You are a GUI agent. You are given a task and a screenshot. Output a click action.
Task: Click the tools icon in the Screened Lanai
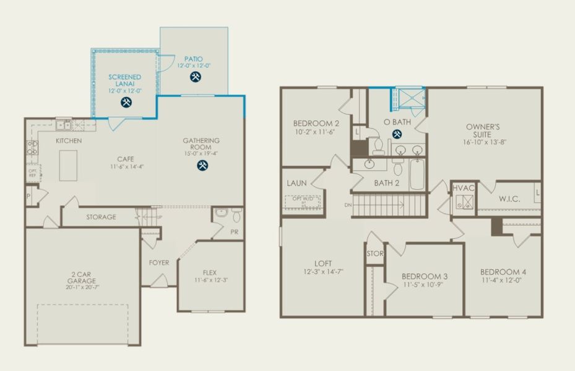pyautogui.click(x=126, y=103)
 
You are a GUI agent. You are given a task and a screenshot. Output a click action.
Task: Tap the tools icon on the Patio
pyautogui.click(x=195, y=77)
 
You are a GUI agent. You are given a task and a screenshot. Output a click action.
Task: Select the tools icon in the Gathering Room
pyautogui.click(x=202, y=165)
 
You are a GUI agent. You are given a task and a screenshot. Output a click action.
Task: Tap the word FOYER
pyautogui.click(x=159, y=263)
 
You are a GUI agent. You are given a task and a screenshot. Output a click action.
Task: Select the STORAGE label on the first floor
pyautogui.click(x=101, y=217)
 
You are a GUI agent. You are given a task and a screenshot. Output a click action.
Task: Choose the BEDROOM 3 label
pyautogui.click(x=424, y=276)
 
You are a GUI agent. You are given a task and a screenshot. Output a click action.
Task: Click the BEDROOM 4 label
pyautogui.click(x=503, y=272)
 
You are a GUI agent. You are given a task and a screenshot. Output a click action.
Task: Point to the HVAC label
pyautogui.click(x=464, y=188)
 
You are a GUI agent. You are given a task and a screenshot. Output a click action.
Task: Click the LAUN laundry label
pyautogui.click(x=297, y=183)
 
